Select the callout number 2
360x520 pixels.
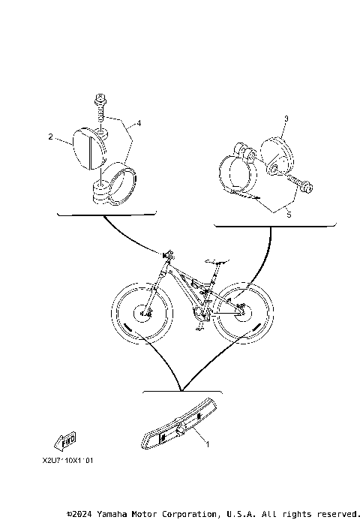[x=50, y=137]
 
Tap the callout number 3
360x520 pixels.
[x=286, y=119]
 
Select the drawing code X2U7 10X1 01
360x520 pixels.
[x=68, y=463]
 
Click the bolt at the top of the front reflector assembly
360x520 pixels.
[x=99, y=101]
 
